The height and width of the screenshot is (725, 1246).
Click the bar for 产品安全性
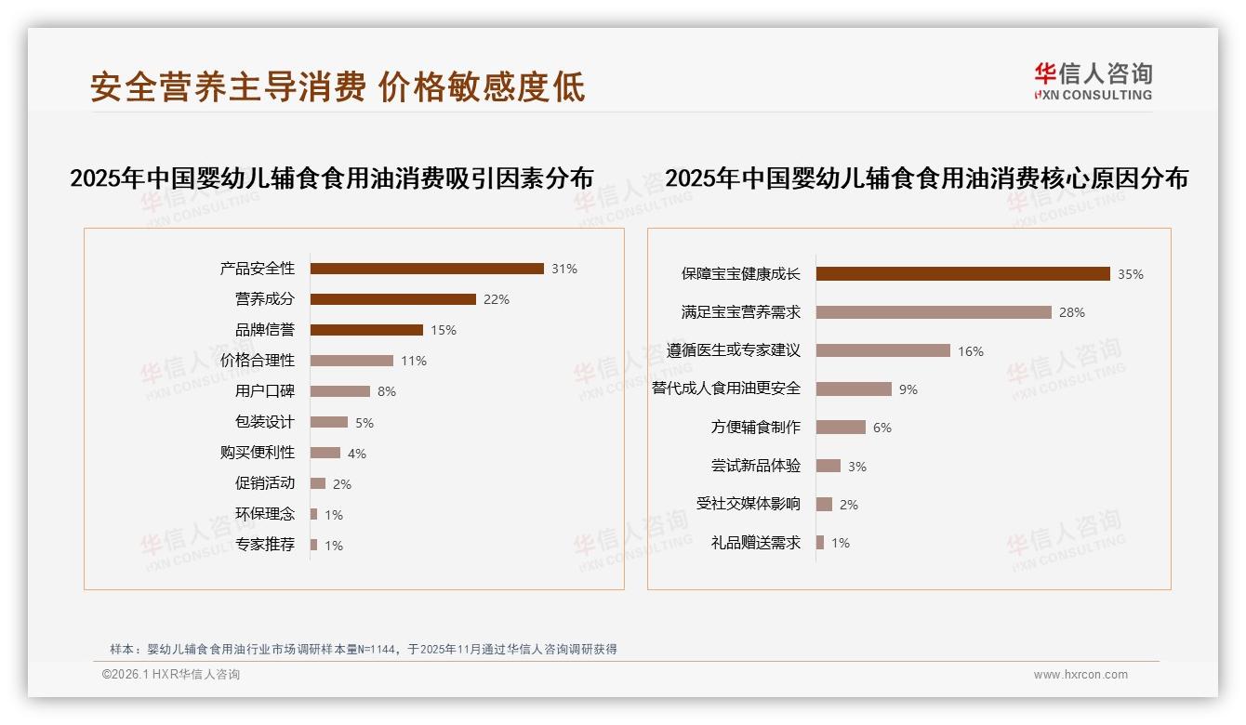pyautogui.click(x=427, y=269)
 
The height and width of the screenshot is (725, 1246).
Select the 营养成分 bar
pyautogui.click(x=393, y=299)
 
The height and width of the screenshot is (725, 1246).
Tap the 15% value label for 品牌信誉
pyautogui.click(x=444, y=330)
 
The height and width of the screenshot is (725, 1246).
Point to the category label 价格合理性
pyautogui.click(x=258, y=361)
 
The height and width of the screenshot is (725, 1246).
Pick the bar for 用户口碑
pyautogui.click(x=340, y=391)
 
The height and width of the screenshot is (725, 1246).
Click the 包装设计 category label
pyautogui.click(x=265, y=422)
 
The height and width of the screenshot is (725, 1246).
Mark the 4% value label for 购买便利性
pyautogui.click(x=357, y=454)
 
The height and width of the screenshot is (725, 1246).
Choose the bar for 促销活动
pyautogui.click(x=318, y=483)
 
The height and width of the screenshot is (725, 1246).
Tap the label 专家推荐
pyautogui.click(x=265, y=545)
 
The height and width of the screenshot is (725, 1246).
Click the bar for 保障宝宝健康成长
pyautogui.click(x=963, y=273)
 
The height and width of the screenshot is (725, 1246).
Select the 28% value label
pyautogui.click(x=1072, y=312)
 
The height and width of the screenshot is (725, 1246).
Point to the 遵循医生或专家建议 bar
pyautogui.click(x=883, y=350)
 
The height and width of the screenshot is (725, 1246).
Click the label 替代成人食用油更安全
pyautogui.click(x=726, y=389)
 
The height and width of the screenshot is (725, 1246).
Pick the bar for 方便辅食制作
pyautogui.click(x=841, y=428)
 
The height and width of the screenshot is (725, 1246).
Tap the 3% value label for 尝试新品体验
pyautogui.click(x=857, y=467)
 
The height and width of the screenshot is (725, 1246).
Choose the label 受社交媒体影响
pyautogui.click(x=749, y=504)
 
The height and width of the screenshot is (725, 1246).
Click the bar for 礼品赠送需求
pyautogui.click(x=820, y=543)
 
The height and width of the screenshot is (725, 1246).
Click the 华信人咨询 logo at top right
pyautogui.click(x=1093, y=82)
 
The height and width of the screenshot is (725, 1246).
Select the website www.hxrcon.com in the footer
pyautogui.click(x=1080, y=675)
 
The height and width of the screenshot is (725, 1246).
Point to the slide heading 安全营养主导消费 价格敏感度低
pyautogui.click(x=338, y=87)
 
